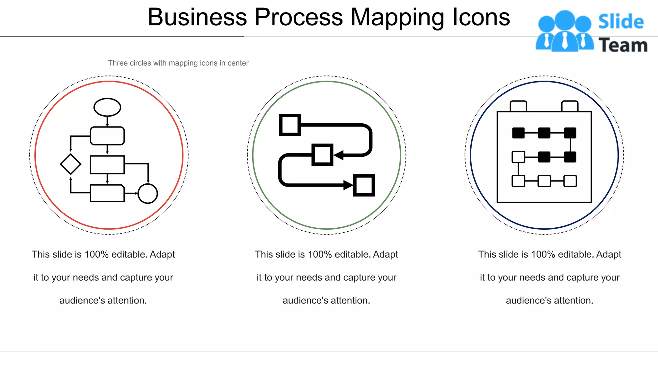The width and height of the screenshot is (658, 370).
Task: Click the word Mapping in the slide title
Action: (397, 17)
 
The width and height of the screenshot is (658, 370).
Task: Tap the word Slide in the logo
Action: (621, 22)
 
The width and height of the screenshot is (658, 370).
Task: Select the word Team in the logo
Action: (623, 45)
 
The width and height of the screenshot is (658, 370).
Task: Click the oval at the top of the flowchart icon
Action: (107, 107)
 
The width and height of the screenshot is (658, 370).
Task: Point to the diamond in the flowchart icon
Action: (71, 164)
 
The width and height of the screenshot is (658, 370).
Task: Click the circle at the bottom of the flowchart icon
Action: (147, 193)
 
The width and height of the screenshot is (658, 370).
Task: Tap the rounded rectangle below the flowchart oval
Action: (107, 136)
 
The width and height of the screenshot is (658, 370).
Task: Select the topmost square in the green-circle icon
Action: (290, 125)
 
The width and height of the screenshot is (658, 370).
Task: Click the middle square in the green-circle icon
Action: (322, 154)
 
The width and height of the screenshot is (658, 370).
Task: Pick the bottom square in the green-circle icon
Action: (364, 185)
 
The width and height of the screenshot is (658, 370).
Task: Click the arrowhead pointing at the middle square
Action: (338, 155)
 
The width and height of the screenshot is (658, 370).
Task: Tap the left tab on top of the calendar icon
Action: (518, 106)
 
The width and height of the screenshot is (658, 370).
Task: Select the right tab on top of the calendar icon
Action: (570, 106)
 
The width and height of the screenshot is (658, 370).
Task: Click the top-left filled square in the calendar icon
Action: (518, 133)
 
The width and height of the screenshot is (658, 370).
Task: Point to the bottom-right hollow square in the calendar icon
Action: (570, 181)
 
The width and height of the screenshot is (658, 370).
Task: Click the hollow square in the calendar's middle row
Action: (518, 157)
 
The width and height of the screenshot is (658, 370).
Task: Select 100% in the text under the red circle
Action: (97, 254)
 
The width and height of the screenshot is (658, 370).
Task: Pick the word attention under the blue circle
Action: (574, 301)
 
